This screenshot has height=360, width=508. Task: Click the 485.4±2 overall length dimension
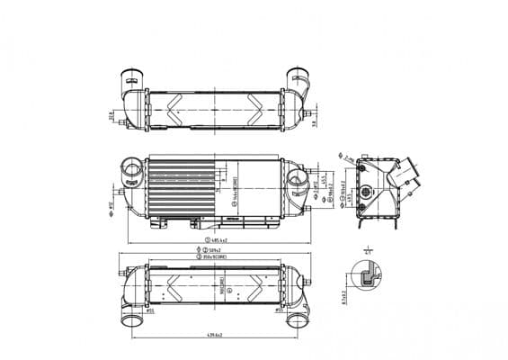click(x=221, y=240)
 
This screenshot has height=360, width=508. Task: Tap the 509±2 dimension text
click(x=214, y=250)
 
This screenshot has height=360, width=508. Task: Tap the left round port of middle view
click(x=134, y=168)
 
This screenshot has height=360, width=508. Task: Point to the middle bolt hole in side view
click(x=367, y=191)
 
